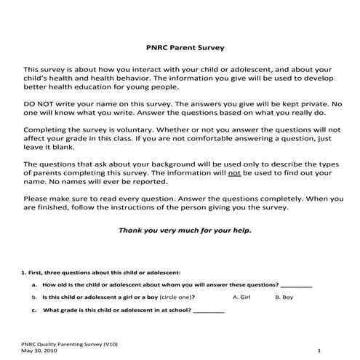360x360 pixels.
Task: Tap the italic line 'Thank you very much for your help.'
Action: [x=185, y=230]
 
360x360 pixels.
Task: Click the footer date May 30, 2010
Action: [x=37, y=350]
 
